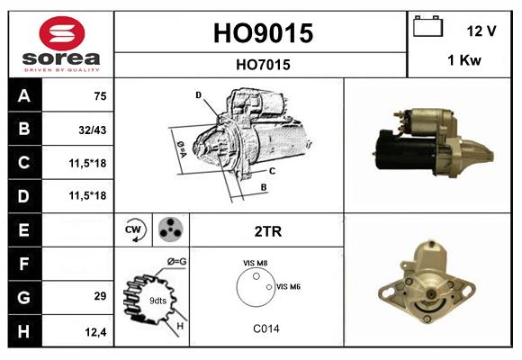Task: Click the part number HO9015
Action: (x=262, y=33)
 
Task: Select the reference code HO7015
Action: (x=262, y=64)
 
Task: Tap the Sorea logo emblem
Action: (x=59, y=33)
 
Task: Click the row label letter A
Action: (x=24, y=95)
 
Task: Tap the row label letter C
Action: (x=24, y=163)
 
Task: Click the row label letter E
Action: (x=24, y=230)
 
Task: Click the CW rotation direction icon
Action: (x=135, y=230)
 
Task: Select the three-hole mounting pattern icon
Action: (x=168, y=230)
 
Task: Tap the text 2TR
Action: (x=268, y=231)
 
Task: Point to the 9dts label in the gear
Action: (x=157, y=300)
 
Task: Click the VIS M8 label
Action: (x=255, y=263)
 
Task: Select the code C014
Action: (x=265, y=328)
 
